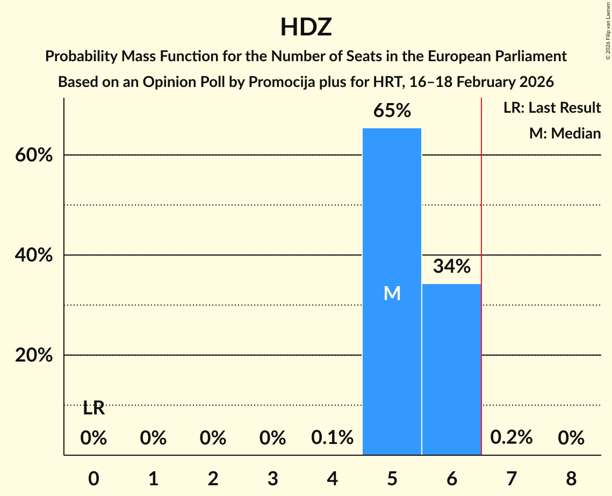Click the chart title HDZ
306,27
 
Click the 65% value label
392,111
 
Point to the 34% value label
452,266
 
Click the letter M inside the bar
392,293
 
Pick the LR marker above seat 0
93,409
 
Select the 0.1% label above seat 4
332,438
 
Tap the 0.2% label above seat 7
511,438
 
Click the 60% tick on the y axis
33,155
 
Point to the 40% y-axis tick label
33,256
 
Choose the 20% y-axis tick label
33,355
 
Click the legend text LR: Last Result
552,108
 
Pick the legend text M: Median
565,133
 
